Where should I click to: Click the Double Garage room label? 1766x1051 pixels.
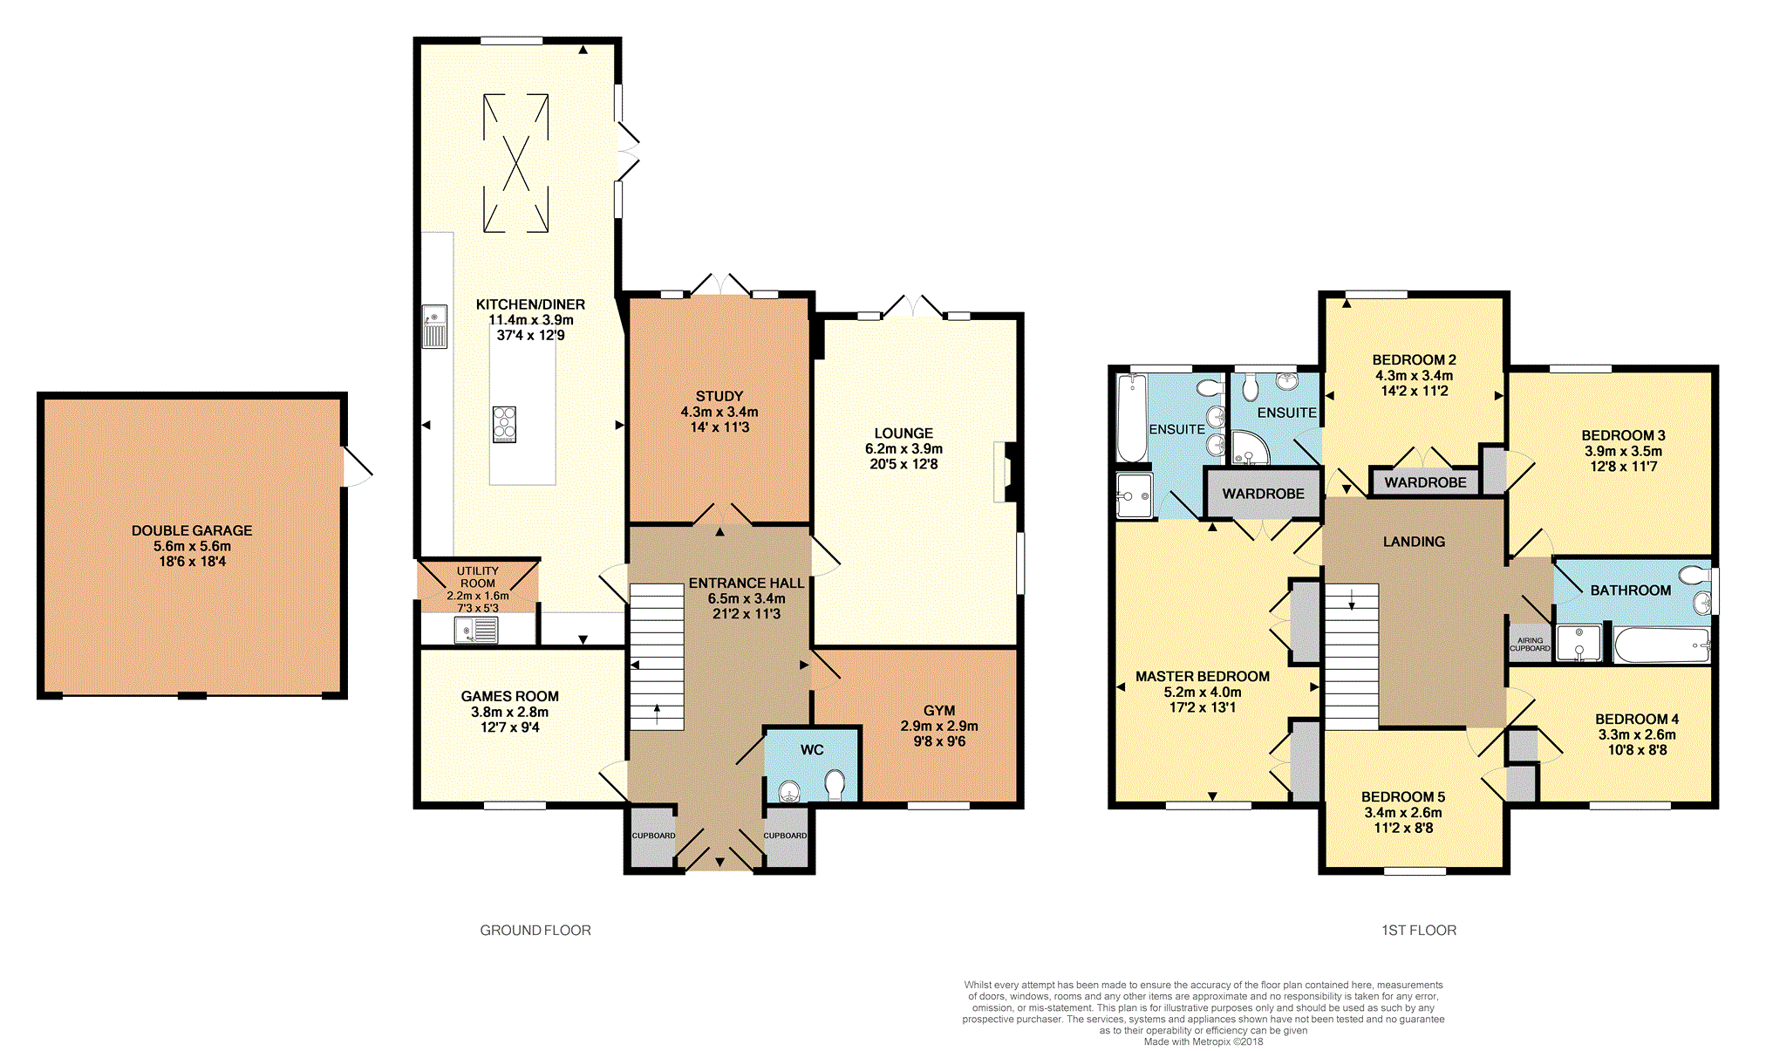(x=192, y=530)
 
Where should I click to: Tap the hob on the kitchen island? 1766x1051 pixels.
(x=504, y=424)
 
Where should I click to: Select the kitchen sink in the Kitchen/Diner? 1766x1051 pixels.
(x=434, y=326)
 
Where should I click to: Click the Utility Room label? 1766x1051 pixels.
(x=478, y=577)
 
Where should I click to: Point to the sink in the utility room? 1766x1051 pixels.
(x=476, y=630)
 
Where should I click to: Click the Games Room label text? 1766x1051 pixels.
(x=510, y=696)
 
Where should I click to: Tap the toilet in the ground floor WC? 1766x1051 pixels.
(x=835, y=784)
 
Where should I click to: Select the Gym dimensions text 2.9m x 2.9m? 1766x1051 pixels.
(x=939, y=726)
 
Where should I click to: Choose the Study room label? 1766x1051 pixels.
(x=719, y=396)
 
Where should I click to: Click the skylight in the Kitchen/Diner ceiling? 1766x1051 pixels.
(x=516, y=163)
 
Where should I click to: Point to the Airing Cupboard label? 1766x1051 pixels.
(x=1531, y=645)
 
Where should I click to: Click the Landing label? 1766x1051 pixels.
(x=1414, y=542)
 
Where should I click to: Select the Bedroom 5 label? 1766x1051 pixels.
(x=1403, y=796)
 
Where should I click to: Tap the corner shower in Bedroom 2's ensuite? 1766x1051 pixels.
(x=1248, y=447)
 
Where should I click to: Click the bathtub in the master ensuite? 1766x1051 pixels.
(x=1132, y=418)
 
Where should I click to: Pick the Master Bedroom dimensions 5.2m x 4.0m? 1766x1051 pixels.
(x=1203, y=692)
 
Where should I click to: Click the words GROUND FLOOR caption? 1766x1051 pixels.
(x=535, y=931)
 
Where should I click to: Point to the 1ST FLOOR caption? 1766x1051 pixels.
(x=1419, y=931)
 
